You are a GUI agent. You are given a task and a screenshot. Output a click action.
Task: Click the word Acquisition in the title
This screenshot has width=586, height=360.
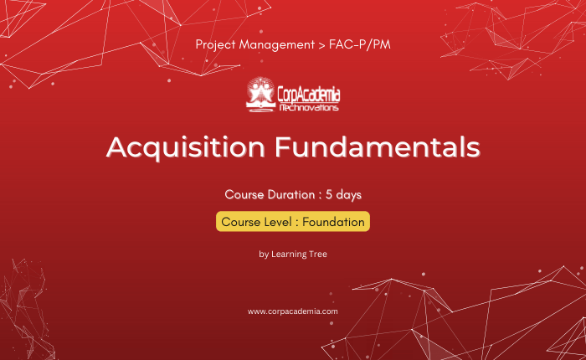pos(186,148)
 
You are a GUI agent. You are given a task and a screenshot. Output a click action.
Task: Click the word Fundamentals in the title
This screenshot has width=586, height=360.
pos(377,147)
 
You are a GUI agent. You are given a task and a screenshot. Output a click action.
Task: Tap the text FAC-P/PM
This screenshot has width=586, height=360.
pos(359,44)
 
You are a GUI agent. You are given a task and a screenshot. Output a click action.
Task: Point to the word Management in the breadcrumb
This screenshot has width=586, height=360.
pos(276,45)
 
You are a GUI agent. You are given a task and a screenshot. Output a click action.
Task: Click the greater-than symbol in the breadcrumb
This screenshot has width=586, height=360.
pos(321,45)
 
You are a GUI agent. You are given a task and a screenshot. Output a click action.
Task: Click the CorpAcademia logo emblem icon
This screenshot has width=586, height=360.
pos(261,95)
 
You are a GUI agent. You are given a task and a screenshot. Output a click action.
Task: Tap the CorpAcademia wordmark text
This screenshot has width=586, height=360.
pos(309,95)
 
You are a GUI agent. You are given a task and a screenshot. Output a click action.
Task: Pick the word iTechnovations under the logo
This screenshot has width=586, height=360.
pos(309,108)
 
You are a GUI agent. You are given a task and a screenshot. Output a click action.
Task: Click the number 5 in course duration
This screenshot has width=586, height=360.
pos(329,194)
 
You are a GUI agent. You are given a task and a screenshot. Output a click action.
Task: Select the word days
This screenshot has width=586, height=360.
pos(349,195)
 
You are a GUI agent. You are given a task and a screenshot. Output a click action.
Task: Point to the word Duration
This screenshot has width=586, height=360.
pos(290,194)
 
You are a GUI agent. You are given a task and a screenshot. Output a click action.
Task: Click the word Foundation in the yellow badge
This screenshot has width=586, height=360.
pos(333,222)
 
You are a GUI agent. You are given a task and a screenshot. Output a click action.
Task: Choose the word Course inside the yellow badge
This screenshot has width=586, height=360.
pos(241,222)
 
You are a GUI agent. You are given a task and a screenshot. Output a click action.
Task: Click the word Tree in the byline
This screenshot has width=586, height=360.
pos(317,254)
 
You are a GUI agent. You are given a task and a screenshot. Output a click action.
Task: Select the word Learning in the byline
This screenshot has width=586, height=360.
pos(288,255)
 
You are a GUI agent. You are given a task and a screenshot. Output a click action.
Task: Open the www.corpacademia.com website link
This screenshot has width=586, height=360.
pos(293,311)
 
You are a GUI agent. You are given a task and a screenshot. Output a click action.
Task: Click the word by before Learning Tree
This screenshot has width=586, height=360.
pos(264,255)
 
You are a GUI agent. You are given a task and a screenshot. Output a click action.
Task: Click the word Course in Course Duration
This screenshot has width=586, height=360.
pos(244,194)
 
